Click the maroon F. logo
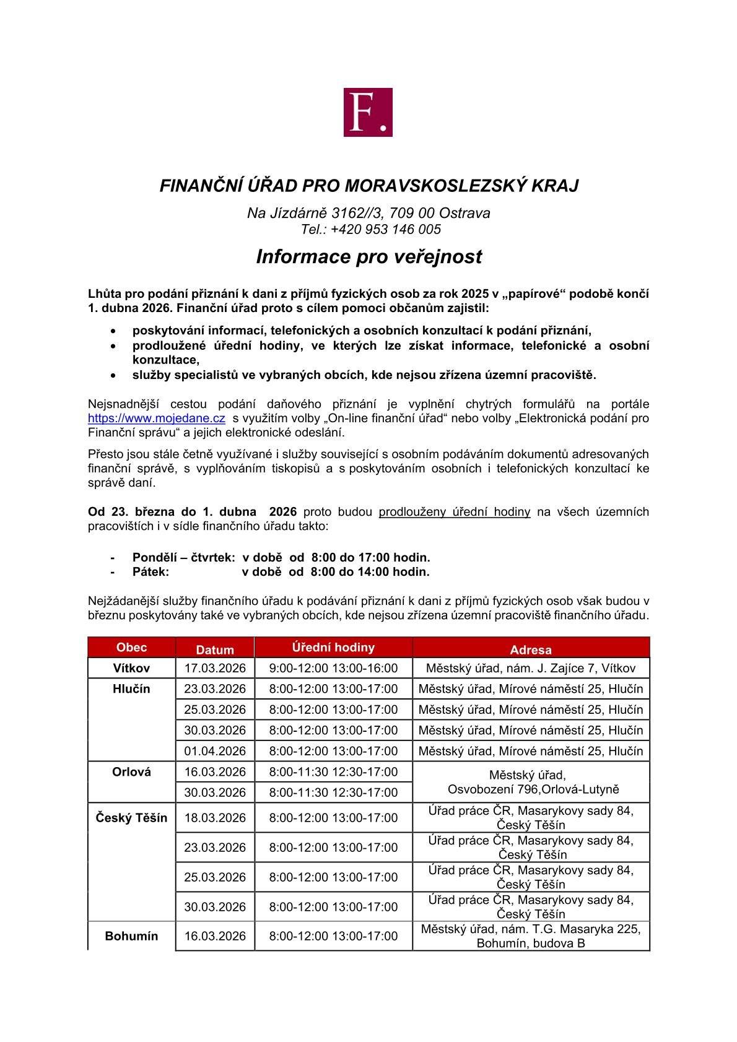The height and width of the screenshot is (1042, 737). coord(368,112)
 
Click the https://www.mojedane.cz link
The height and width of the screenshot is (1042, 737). coord(156,418)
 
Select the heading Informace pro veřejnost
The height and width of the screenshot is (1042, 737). coord(368,256)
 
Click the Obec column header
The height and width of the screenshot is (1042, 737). coord(132,647)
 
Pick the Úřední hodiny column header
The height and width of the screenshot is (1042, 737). coord(333,647)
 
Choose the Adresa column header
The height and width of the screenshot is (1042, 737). coord(530,649)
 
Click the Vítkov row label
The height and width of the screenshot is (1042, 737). coord(132,668)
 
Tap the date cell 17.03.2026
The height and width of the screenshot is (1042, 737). coord(215,668)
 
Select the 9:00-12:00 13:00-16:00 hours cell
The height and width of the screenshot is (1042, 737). coord(333,668)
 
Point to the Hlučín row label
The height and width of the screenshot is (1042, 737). coord(132,688)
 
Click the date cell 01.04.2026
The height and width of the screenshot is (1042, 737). coord(215,751)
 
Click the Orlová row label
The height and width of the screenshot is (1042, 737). coord(132,771)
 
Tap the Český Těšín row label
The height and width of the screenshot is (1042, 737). coord(132,817)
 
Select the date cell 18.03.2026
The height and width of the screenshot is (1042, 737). coord(215,817)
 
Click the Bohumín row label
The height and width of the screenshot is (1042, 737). coord(132,936)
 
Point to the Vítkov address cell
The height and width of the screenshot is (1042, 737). coord(531,668)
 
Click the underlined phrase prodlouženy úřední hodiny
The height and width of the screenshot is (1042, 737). coord(454,511)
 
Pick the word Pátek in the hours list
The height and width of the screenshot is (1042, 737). coord(150,571)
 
